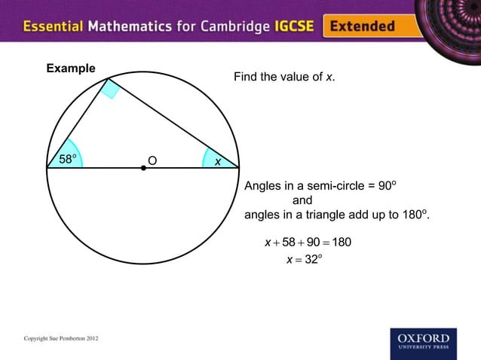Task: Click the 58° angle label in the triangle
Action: tap(68, 159)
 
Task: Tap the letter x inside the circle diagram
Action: tap(217, 161)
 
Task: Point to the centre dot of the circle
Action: tap(143, 168)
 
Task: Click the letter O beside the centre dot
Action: tap(152, 160)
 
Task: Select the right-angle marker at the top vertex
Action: tap(112, 89)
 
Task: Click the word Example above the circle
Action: tap(71, 69)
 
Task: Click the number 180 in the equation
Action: tap(341, 243)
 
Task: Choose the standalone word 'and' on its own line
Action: tap(302, 201)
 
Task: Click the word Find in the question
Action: tap(245, 78)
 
